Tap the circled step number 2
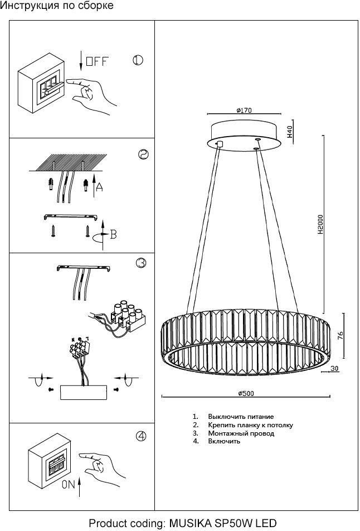pos(143,155)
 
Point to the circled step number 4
pos(142,436)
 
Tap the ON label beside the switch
pos(68,485)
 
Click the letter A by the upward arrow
pos(99,187)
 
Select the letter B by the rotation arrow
pos(113,234)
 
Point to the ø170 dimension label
pos(244,110)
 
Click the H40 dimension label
pos(290,132)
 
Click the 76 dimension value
pos(340,335)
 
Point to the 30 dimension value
pos(334,368)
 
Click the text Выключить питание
pos(241,417)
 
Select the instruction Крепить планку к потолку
pos(250,425)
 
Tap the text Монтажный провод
pos(241,433)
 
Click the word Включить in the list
pos(224,441)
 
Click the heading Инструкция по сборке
pos(57,6)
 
